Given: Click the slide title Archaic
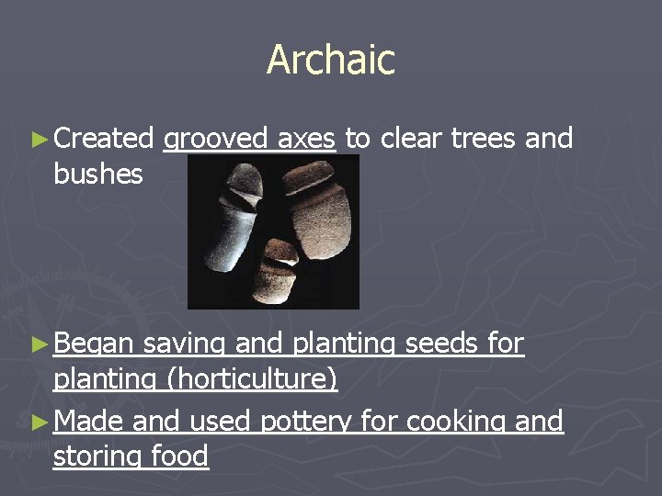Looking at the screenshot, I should tap(331, 61).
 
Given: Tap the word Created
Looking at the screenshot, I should tap(103, 139).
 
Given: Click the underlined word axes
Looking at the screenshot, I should tap(306, 140).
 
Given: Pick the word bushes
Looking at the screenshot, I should tap(98, 174).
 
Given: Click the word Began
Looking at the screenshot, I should tap(93, 344).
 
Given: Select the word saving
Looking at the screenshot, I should tap(185, 344).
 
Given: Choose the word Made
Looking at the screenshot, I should tap(88, 422).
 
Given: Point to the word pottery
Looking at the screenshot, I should tap(307, 422).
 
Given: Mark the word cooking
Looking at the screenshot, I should tap(447, 423).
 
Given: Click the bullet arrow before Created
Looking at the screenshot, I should tap(38, 140).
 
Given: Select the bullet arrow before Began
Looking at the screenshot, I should tap(38, 344).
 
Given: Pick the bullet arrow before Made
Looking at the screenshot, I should tap(38, 423).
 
